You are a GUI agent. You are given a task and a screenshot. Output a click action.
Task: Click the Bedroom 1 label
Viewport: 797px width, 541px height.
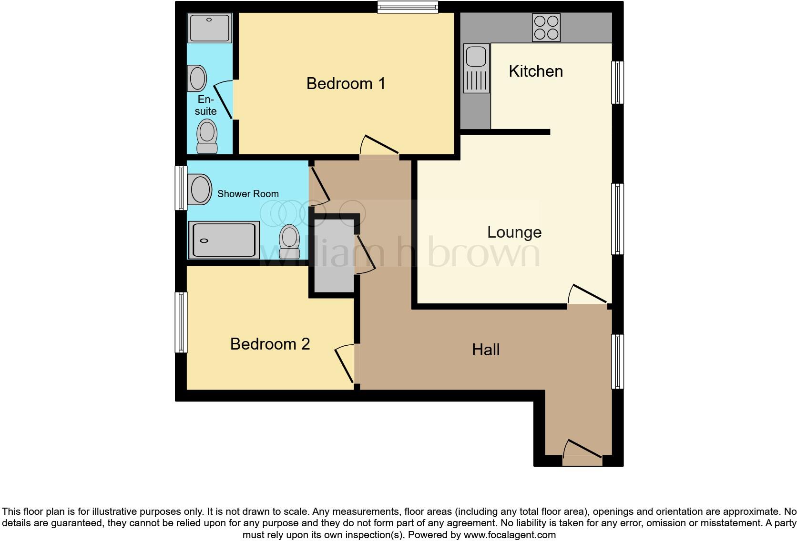pyautogui.click(x=346, y=83)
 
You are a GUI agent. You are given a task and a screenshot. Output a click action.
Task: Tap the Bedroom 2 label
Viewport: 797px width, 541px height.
pyautogui.click(x=270, y=344)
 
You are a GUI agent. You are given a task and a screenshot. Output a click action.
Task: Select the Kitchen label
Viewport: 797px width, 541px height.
pyautogui.click(x=536, y=71)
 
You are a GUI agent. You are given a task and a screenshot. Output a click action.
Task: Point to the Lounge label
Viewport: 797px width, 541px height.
pyautogui.click(x=514, y=232)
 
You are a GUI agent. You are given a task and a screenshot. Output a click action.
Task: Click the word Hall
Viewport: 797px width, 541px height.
pyautogui.click(x=486, y=350)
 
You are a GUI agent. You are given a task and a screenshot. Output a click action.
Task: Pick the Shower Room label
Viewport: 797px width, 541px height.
pyautogui.click(x=248, y=194)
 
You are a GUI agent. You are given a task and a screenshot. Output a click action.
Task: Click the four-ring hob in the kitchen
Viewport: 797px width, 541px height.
pyautogui.click(x=546, y=28)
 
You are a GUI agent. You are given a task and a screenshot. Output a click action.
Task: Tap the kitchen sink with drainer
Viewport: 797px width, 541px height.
pyautogui.click(x=476, y=69)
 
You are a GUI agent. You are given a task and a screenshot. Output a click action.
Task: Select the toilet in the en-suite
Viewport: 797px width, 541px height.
pyautogui.click(x=207, y=136)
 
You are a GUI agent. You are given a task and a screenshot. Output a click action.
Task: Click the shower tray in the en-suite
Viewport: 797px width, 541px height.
pyautogui.click(x=209, y=28)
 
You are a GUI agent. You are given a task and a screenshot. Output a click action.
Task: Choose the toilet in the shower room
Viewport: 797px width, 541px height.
pyautogui.click(x=289, y=242)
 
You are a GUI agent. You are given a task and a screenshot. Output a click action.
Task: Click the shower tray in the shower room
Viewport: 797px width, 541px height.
pyautogui.click(x=224, y=240)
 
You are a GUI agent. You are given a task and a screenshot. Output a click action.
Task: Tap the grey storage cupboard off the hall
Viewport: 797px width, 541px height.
pyautogui.click(x=334, y=255)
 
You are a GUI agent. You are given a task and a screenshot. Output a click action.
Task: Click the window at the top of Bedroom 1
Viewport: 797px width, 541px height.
pyautogui.click(x=408, y=6)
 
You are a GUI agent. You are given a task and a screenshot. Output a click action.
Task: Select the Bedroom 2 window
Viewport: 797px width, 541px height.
pyautogui.click(x=181, y=322)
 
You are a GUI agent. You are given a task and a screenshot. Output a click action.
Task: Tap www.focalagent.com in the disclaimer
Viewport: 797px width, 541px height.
pyautogui.click(x=510, y=535)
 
